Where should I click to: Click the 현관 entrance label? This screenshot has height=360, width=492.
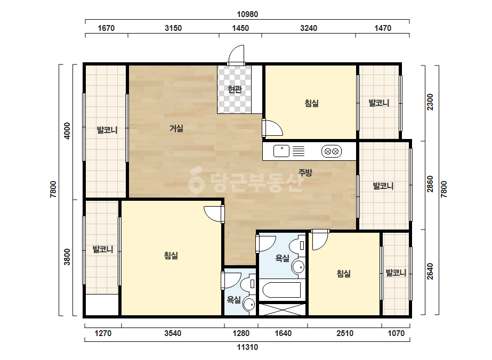pyautogui.click(x=235, y=89)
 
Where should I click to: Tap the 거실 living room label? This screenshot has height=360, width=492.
pyautogui.click(x=176, y=128)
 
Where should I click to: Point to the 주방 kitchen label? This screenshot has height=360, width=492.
pyautogui.click(x=305, y=172)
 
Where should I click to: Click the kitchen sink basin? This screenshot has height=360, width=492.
pyautogui.click(x=281, y=151)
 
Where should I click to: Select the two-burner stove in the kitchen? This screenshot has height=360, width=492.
pyautogui.click(x=332, y=151)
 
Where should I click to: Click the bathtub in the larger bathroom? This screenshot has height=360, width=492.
pyautogui.click(x=281, y=290)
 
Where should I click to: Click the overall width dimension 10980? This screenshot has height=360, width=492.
pyautogui.click(x=247, y=14)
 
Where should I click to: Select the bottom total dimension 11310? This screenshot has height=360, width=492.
pyautogui.click(x=247, y=347)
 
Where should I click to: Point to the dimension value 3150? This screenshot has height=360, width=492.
pyautogui.click(x=173, y=28)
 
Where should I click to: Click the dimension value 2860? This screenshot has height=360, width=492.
pyautogui.click(x=430, y=184)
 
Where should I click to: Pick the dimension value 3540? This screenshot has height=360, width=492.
pyautogui.click(x=173, y=333)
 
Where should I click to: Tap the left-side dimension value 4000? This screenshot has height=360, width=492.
pyautogui.click(x=67, y=131)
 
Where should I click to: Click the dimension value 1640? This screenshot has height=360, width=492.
pyautogui.click(x=283, y=333)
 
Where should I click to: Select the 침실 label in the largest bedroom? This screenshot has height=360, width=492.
pyautogui.click(x=171, y=256)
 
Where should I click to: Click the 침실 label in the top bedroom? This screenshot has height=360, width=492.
pyautogui.click(x=312, y=103)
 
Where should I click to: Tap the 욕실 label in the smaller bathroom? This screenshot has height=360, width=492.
pyautogui.click(x=234, y=300)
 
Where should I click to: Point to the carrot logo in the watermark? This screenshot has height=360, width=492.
pyautogui.click(x=196, y=179)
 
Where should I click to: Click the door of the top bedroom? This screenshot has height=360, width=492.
pyautogui.click(x=272, y=127)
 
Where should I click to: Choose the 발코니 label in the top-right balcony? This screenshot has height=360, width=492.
pyautogui.click(x=378, y=103)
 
